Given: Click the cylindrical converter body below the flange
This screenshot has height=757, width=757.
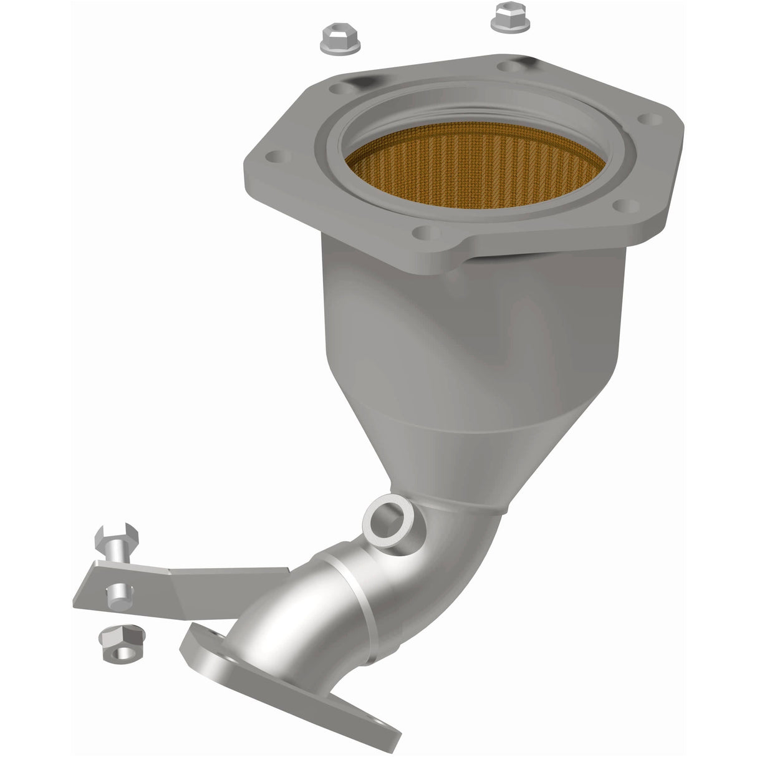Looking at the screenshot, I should point(474,324).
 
